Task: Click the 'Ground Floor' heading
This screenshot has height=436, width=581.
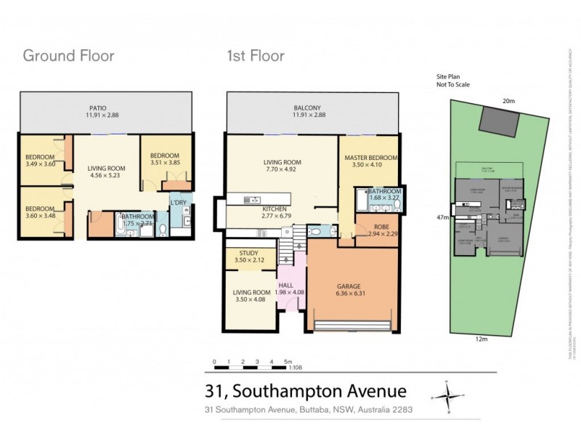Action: click(x=68, y=55)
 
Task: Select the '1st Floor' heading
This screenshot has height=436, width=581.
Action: click(x=255, y=55)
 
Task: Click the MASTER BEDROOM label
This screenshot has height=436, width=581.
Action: click(x=371, y=158)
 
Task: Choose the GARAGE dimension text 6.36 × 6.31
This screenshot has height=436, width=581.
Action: click(x=355, y=294)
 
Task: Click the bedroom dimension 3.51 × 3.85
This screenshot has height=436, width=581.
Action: click(x=165, y=163)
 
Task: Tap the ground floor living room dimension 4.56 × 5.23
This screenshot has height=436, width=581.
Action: click(x=106, y=175)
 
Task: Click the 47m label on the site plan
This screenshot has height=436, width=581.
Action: click(x=441, y=217)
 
